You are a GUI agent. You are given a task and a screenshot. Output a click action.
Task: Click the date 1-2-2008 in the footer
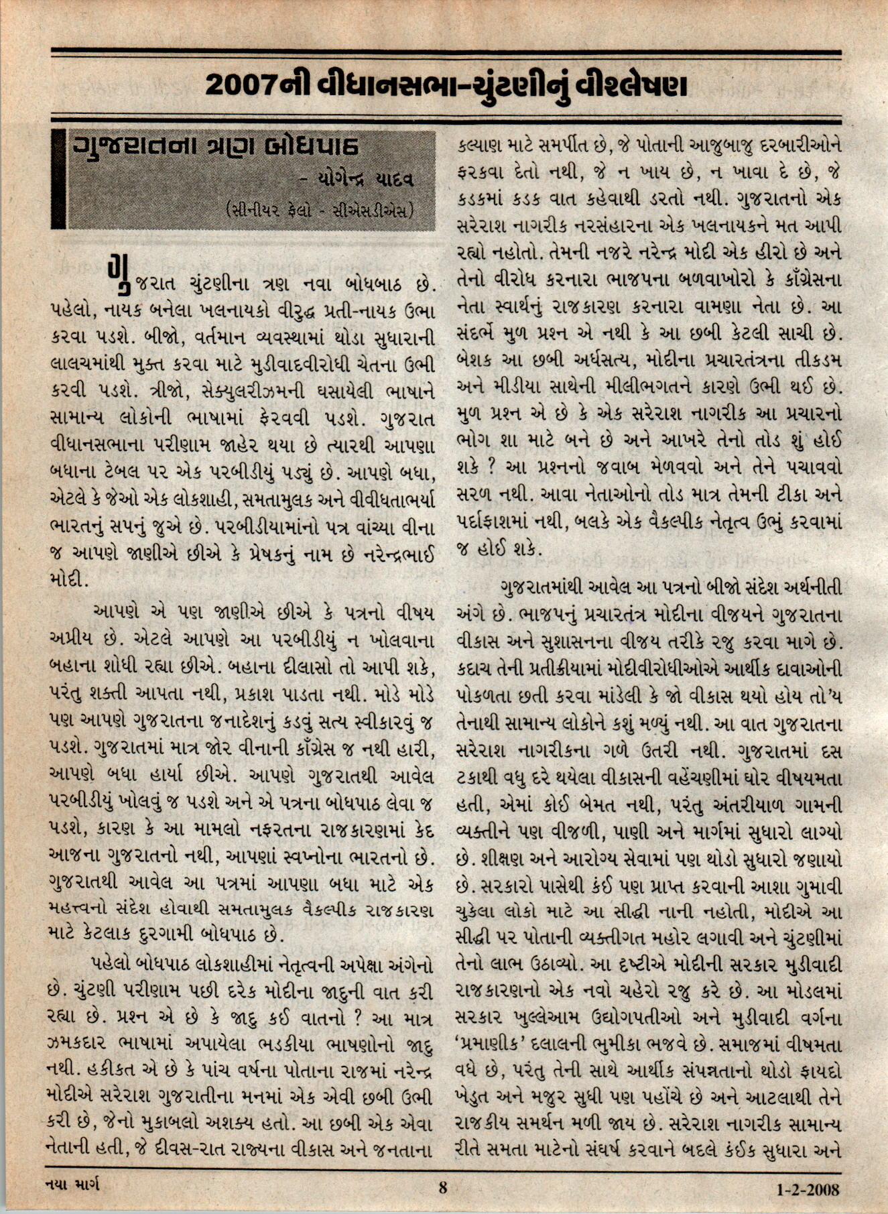(808, 1189)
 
